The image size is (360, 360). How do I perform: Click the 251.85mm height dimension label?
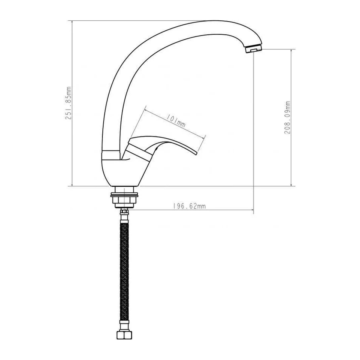coord(69,103)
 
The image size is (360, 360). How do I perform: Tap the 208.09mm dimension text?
coord(288,117)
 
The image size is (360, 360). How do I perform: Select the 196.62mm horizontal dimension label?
coord(190,206)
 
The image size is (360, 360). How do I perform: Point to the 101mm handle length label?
coord(176,121)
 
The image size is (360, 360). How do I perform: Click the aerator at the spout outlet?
coord(254,49)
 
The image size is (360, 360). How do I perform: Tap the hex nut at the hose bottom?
coord(124,334)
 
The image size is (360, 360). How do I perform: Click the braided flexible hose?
coord(124,272)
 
